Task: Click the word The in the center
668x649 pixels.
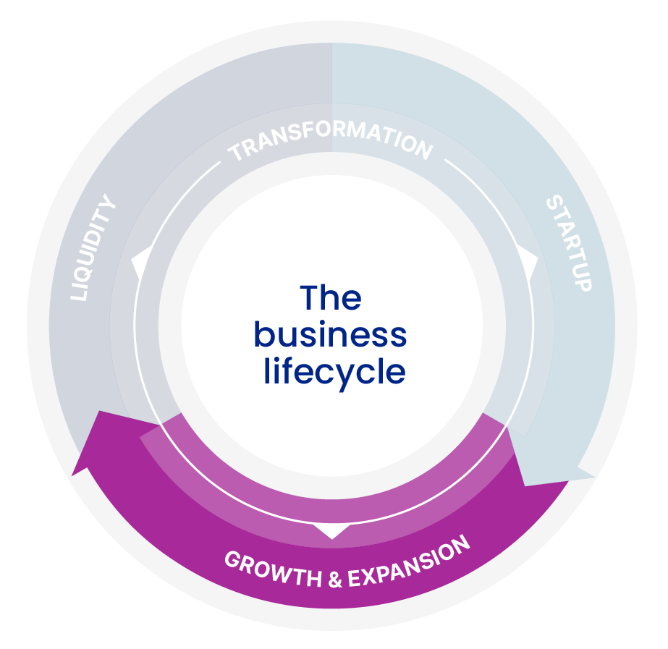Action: click(x=331, y=297)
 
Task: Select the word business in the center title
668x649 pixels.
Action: click(x=330, y=335)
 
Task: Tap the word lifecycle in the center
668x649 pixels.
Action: click(x=334, y=372)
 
